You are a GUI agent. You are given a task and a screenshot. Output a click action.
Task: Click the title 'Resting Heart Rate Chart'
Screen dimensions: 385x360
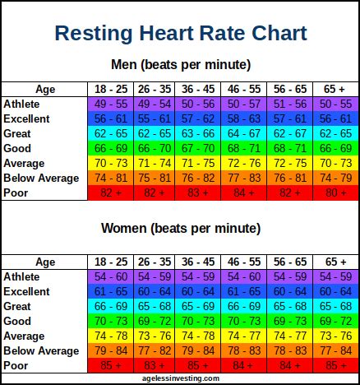(x=180, y=34)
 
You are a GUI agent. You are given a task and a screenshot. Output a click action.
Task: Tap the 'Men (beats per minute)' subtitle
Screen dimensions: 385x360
(x=180, y=64)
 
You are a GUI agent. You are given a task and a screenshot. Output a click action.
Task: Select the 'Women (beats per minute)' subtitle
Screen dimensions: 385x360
(x=180, y=228)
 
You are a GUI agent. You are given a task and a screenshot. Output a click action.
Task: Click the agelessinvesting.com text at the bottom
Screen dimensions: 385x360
(x=180, y=378)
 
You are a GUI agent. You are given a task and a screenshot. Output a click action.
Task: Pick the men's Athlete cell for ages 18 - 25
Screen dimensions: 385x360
(x=109, y=104)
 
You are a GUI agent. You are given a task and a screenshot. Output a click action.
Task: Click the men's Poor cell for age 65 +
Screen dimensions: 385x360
(x=335, y=192)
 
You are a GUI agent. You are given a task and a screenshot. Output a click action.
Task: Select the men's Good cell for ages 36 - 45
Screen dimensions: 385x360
(x=200, y=148)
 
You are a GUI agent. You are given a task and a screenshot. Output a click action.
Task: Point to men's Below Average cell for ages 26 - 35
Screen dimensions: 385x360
(x=155, y=178)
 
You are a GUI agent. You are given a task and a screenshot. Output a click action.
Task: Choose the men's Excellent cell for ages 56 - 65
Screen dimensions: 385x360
(x=290, y=119)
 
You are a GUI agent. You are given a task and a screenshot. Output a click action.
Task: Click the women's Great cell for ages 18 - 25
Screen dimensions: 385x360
(x=109, y=306)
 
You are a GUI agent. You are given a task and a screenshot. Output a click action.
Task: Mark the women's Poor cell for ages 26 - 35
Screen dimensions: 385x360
(x=155, y=365)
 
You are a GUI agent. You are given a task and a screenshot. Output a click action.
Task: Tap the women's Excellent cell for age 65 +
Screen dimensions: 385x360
(x=335, y=291)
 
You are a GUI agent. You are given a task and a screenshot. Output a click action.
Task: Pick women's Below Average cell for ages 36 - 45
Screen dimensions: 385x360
(x=200, y=350)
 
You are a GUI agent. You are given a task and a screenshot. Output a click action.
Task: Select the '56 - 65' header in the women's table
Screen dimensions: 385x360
(x=290, y=262)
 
